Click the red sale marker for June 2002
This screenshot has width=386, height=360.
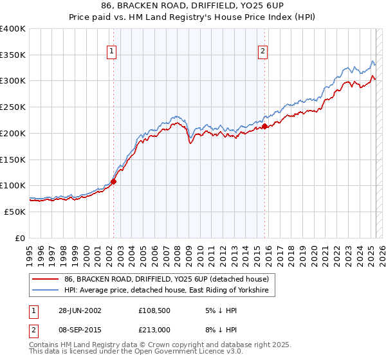point(114,181)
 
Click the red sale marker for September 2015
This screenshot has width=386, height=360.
point(264,127)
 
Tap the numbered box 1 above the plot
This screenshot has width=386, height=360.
point(112,53)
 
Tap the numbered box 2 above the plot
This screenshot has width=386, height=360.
point(263,53)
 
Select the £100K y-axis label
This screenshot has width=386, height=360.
point(13,185)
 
